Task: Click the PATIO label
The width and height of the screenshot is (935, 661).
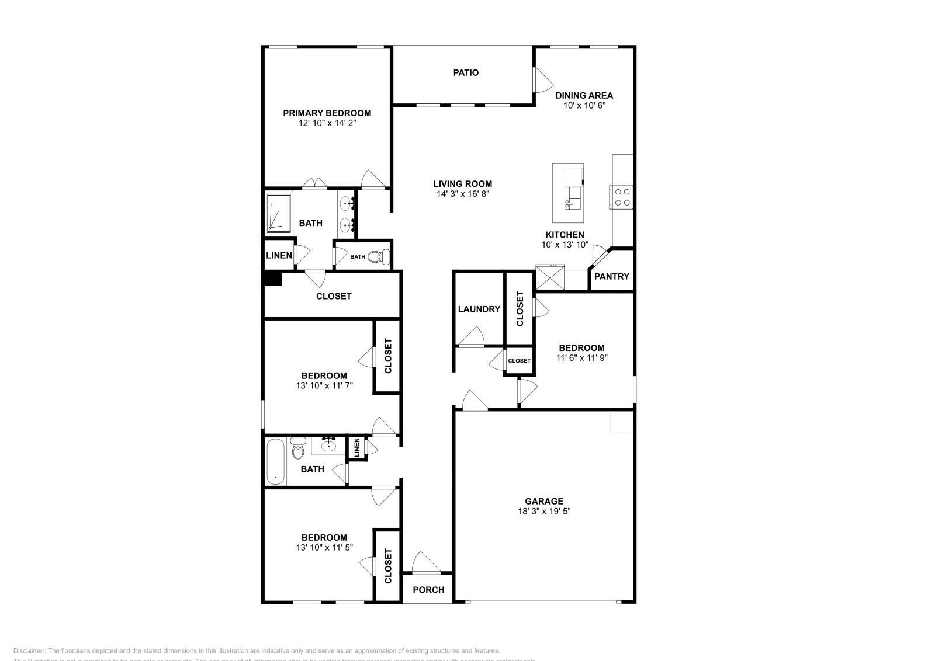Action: (x=466, y=72)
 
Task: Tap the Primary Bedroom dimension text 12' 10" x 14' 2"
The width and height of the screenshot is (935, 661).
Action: (x=327, y=123)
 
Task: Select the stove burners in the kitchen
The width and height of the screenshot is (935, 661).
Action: (x=622, y=197)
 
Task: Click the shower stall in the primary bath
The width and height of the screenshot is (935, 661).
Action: (x=278, y=213)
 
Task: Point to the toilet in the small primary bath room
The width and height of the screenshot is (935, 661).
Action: (x=380, y=256)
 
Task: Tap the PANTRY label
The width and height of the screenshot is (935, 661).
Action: (x=611, y=276)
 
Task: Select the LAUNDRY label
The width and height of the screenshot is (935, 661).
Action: (x=479, y=309)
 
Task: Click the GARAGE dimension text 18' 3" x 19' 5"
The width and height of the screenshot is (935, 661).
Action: (x=543, y=511)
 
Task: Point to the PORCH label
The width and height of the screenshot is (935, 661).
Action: (x=428, y=590)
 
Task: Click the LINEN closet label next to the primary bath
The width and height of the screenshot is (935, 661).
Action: (x=279, y=255)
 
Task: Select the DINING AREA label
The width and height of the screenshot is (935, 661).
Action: (x=584, y=95)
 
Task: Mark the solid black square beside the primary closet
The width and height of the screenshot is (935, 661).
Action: (x=273, y=279)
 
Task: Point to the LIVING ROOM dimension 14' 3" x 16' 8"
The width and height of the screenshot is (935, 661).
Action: (x=462, y=193)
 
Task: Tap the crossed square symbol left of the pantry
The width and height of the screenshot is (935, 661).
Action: (x=550, y=277)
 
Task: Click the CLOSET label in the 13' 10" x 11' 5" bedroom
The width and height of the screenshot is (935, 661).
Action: (x=387, y=565)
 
